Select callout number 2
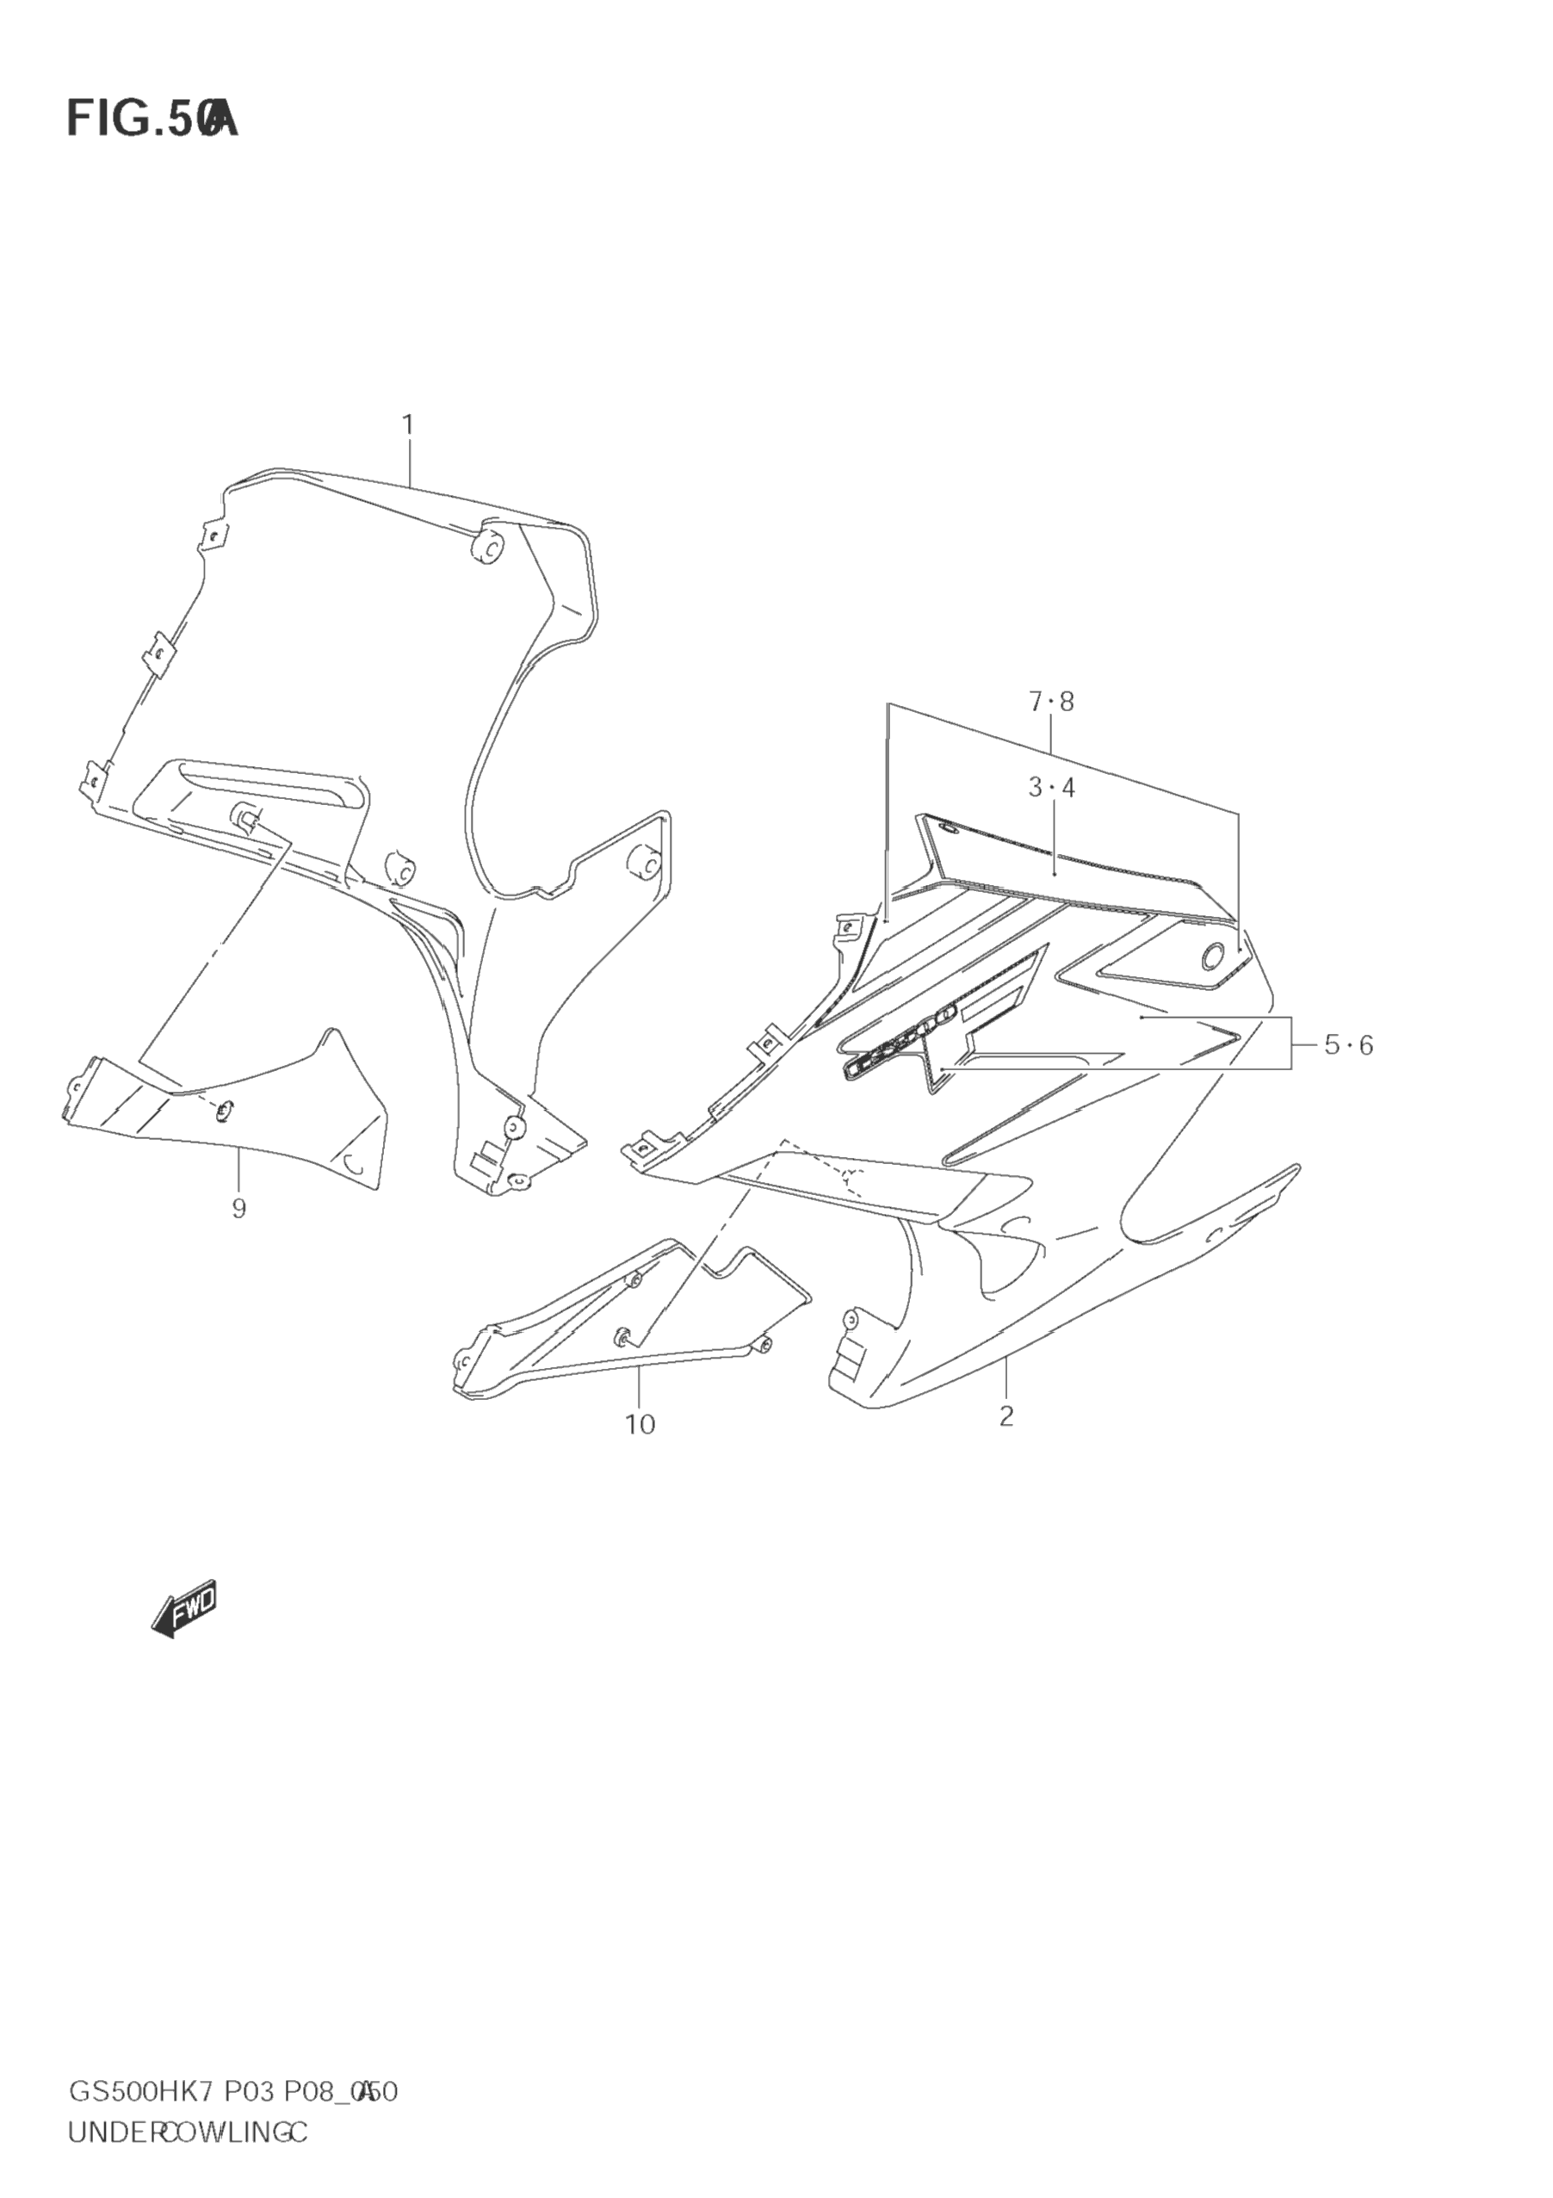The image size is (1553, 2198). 1005,1442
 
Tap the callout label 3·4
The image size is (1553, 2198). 1051,788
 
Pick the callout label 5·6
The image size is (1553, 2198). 1348,1045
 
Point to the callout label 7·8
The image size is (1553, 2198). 1051,702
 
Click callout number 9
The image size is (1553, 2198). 238,1209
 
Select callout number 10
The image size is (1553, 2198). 640,1452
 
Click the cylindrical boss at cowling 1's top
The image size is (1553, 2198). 490,547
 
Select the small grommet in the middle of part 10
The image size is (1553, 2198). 622,1335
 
